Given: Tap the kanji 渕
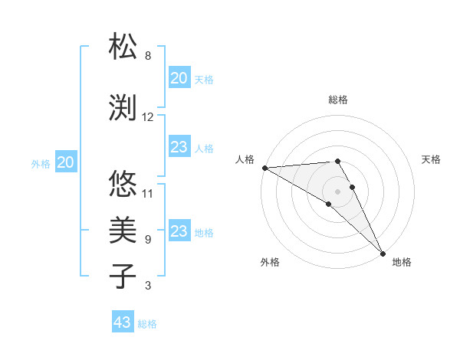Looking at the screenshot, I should click(123, 106).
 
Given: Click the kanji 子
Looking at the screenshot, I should click(123, 275).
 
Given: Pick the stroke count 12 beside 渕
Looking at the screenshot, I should click(148, 117).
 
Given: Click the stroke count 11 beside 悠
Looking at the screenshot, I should click(148, 193).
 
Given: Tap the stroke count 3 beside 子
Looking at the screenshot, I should click(148, 286).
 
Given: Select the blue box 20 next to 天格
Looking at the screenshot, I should click(179, 78).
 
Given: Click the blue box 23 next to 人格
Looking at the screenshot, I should click(179, 147).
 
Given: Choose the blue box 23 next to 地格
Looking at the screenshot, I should click(179, 231).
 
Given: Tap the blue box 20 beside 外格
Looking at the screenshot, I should click(66, 162).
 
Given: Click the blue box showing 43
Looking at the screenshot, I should click(122, 322).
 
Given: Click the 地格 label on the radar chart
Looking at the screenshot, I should click(402, 263).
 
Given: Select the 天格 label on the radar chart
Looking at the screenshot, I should click(431, 160).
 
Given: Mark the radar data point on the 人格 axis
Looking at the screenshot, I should click(264, 168).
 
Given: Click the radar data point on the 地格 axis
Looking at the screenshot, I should click(383, 253).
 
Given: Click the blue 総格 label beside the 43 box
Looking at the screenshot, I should click(147, 324).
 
